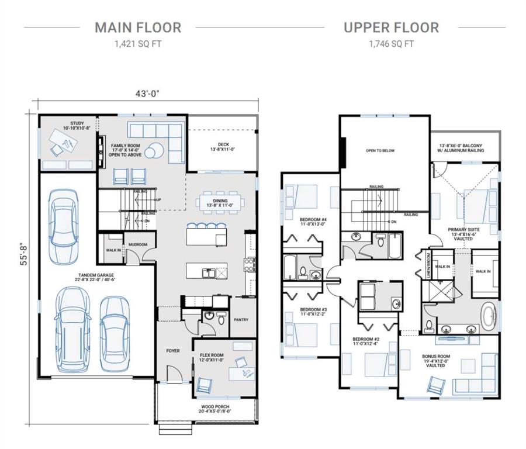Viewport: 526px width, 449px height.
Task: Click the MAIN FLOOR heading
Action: click(138, 27)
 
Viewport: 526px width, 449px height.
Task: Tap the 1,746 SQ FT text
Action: click(391, 44)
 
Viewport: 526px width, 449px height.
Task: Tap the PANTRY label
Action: click(241, 320)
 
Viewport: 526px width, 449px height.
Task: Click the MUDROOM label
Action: click(137, 244)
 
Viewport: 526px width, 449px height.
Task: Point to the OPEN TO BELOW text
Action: click(380, 151)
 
